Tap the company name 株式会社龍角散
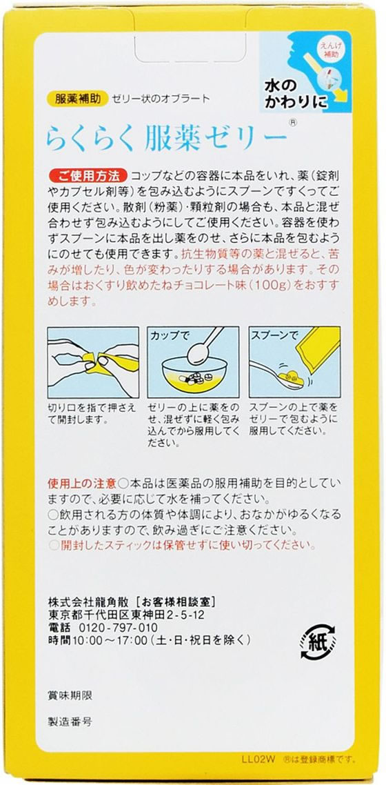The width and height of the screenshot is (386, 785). coord(89,602)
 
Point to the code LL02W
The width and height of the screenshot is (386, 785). coord(275,759)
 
